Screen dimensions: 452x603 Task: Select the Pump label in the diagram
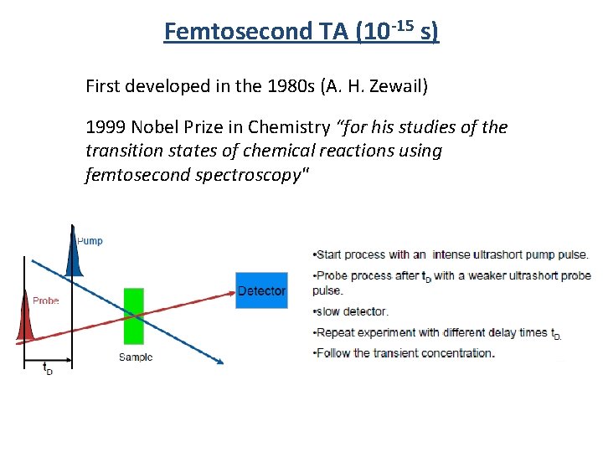coord(90,241)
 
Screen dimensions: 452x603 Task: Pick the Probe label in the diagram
coord(45,300)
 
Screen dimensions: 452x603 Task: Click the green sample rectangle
coord(133,316)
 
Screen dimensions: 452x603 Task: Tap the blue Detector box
coord(261,290)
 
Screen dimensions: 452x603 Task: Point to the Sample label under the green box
coord(135,357)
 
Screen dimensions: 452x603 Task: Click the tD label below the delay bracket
coord(47,367)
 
